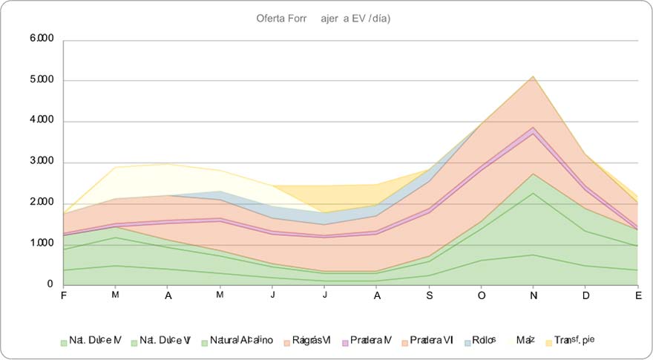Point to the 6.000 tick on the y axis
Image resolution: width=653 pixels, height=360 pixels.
[42, 39]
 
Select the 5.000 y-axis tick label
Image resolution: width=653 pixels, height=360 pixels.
[42, 80]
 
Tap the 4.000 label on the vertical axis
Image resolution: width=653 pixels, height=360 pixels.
[42, 121]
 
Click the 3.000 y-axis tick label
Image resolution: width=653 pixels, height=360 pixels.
[42, 162]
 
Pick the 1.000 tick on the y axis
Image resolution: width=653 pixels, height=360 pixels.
[42, 243]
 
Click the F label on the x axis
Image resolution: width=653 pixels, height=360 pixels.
[63, 295]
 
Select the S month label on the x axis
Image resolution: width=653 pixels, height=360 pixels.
[430, 295]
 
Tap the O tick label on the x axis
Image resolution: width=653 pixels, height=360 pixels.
[482, 295]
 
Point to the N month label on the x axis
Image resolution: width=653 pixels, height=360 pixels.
[534, 295]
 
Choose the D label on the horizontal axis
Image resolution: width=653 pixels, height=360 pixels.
[585, 295]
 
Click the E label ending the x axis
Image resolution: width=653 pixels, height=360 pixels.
[637, 295]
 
